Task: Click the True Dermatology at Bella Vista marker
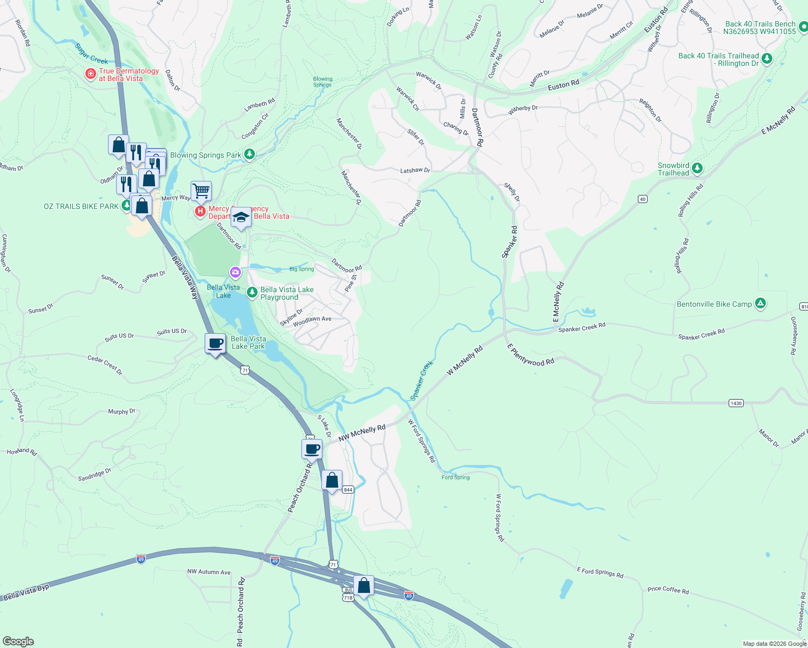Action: pyautogui.click(x=91, y=74)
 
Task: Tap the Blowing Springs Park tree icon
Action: pyautogui.click(x=249, y=154)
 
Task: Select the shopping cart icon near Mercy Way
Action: pyautogui.click(x=201, y=190)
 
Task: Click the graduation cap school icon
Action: pyautogui.click(x=241, y=217)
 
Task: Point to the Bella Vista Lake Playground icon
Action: pyautogui.click(x=252, y=293)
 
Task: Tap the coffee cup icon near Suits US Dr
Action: pyautogui.click(x=216, y=343)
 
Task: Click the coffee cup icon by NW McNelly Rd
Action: pyautogui.click(x=312, y=449)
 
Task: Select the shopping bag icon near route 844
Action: pyautogui.click(x=332, y=480)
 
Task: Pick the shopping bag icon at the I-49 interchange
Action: pyautogui.click(x=364, y=585)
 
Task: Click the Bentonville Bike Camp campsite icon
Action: pyautogui.click(x=760, y=303)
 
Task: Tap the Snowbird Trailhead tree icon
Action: pyautogui.click(x=697, y=168)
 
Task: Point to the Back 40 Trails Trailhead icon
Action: pyautogui.click(x=767, y=58)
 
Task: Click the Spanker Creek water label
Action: pyautogui.click(x=421, y=380)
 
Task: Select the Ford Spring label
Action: pyautogui.click(x=455, y=477)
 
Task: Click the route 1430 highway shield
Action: pyautogui.click(x=736, y=403)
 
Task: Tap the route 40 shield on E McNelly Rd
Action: pyautogui.click(x=642, y=199)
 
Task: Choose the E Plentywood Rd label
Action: pyautogui.click(x=530, y=355)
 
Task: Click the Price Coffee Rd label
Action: pyautogui.click(x=668, y=590)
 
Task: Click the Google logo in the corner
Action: pyautogui.click(x=18, y=641)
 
